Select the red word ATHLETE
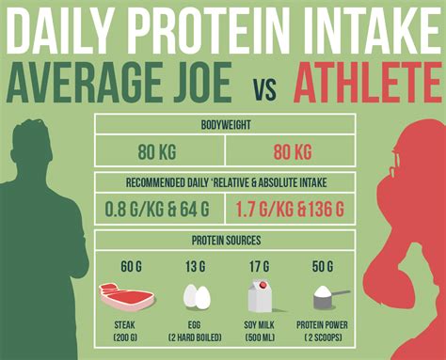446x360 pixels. (368, 83)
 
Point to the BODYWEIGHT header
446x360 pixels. (224, 123)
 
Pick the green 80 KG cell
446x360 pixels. (157, 151)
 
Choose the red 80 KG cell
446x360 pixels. (291, 151)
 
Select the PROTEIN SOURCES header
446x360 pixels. (224, 241)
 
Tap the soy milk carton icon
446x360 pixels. (260, 297)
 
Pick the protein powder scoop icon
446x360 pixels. (327, 298)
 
